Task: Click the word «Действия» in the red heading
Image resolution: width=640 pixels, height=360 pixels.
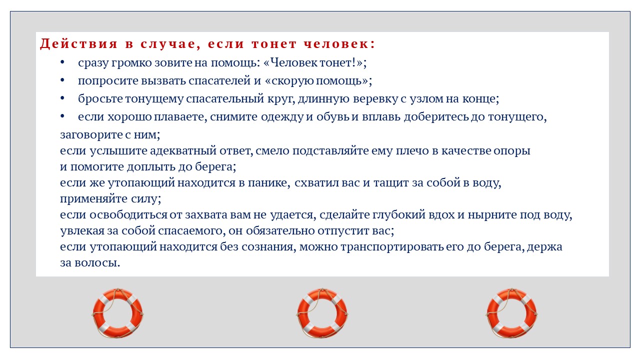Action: [x=78, y=44]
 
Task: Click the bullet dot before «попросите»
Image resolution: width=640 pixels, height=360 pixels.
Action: [x=62, y=80]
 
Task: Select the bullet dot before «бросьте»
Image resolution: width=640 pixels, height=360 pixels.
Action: [x=62, y=98]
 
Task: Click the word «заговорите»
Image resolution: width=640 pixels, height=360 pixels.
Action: [x=91, y=135]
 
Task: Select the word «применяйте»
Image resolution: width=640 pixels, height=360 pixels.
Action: [x=94, y=199]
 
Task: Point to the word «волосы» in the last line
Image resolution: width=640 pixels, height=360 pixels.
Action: [x=97, y=263]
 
